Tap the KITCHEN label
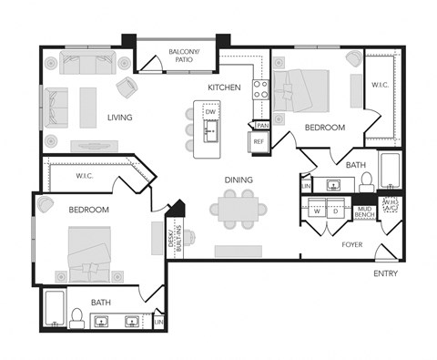point(224,87)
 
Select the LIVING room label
point(119,117)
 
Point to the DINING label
point(239,180)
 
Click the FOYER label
point(353,244)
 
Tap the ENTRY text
point(387,273)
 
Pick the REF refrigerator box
point(259,141)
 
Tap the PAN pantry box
point(262,125)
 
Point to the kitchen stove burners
point(260,88)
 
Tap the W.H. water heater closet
point(390,205)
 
